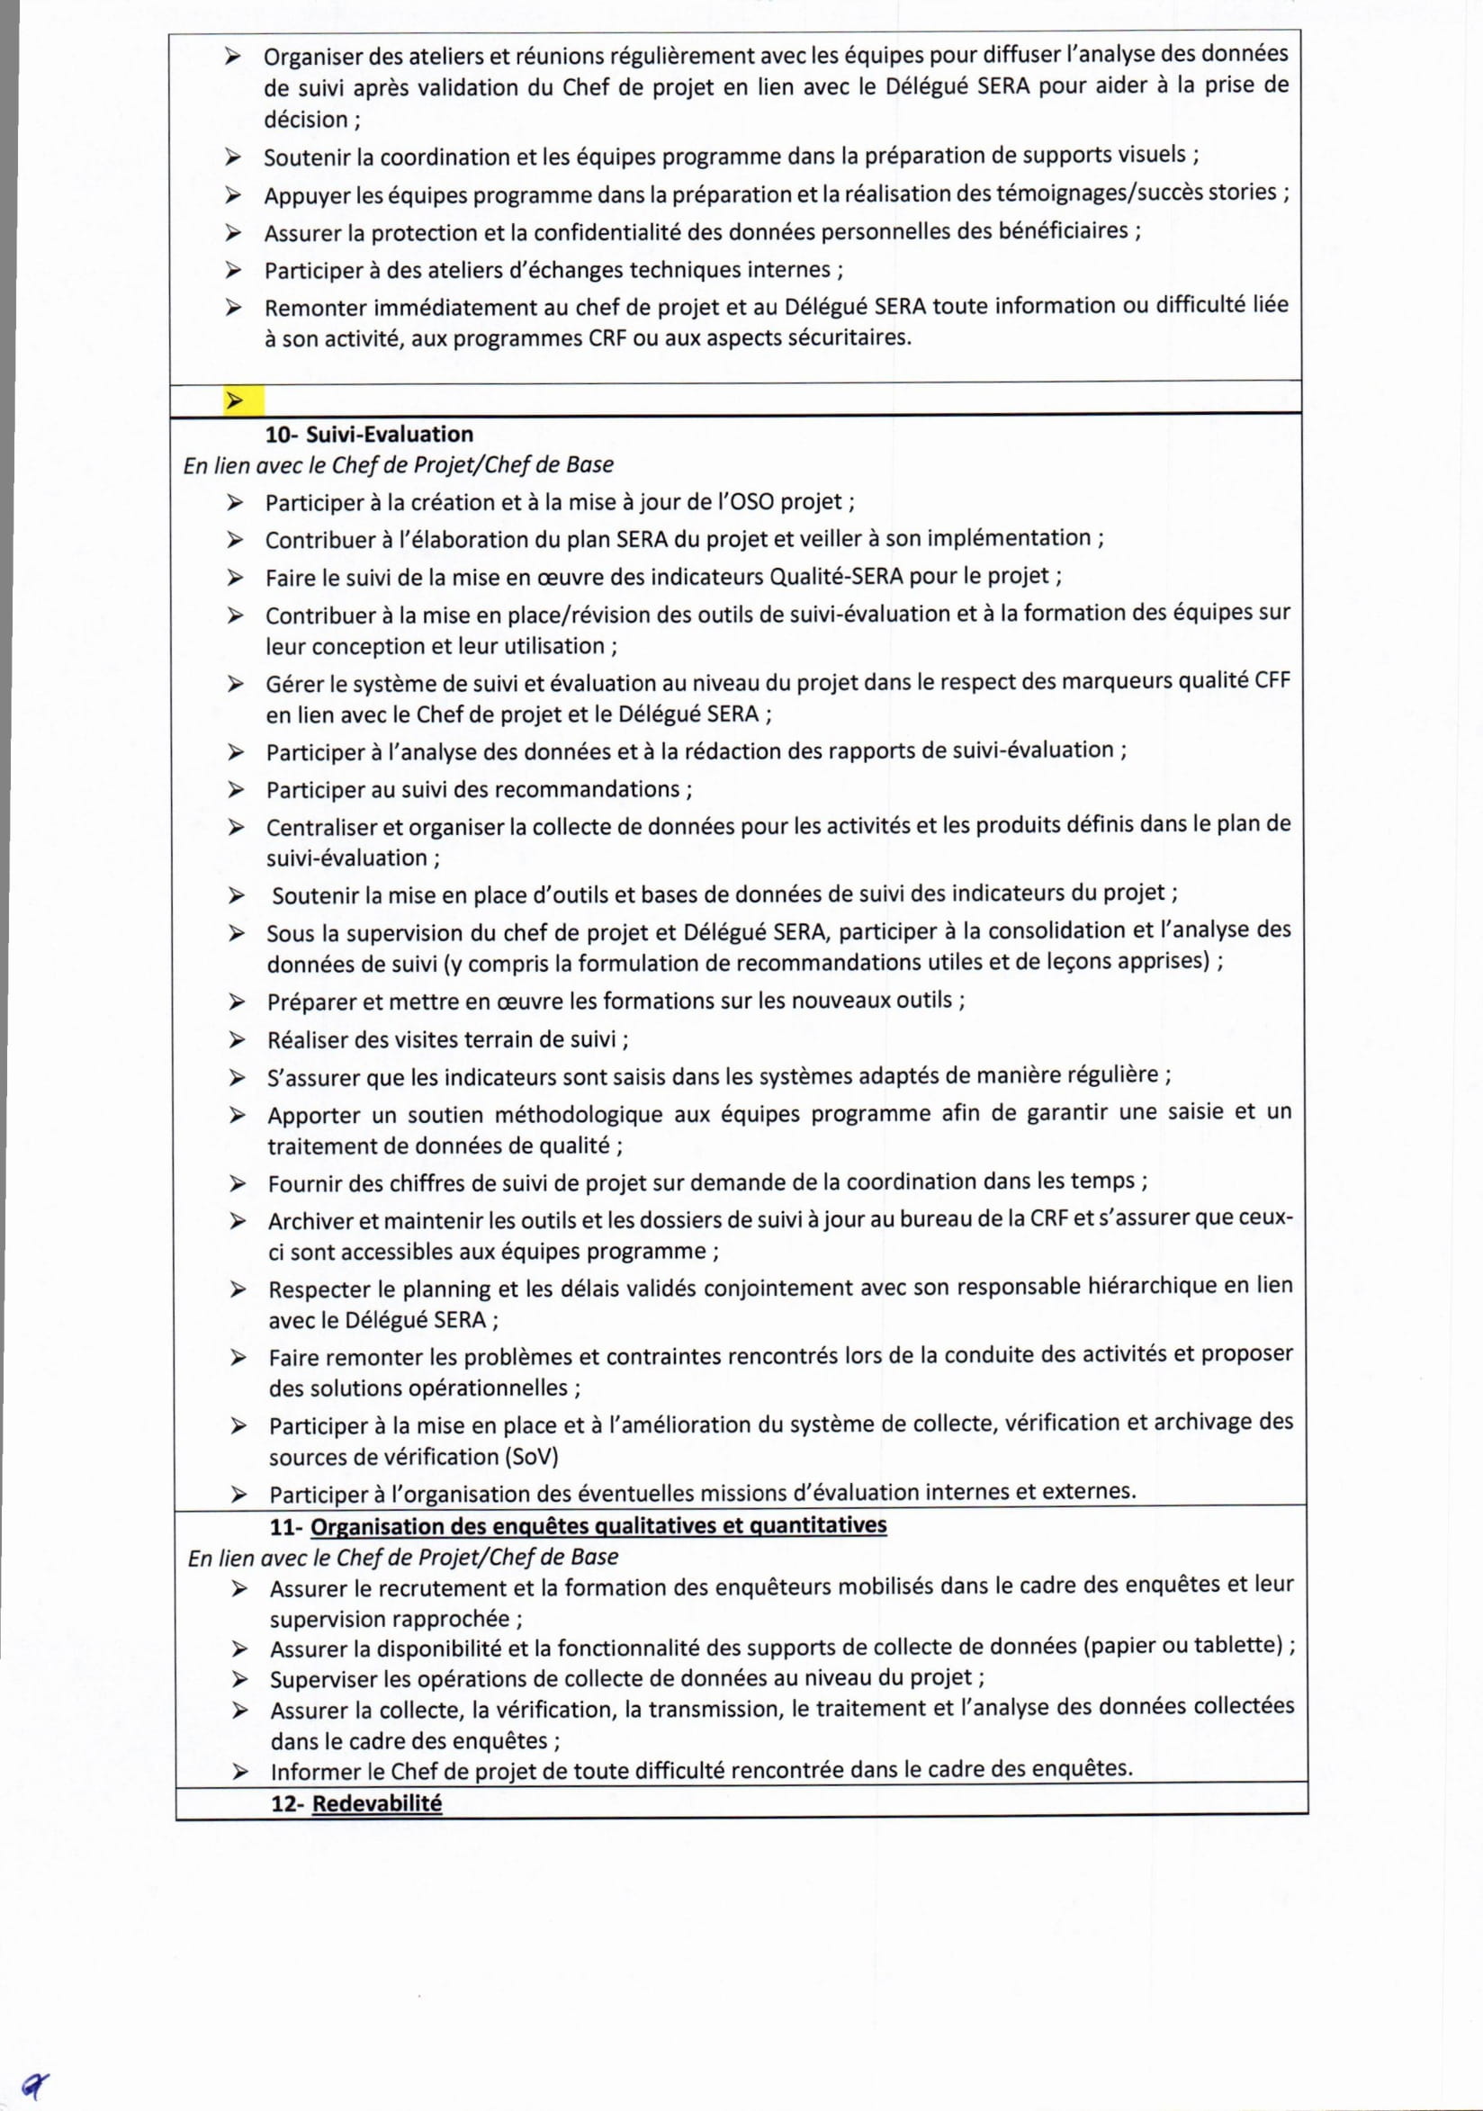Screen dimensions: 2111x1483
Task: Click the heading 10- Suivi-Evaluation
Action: [x=369, y=434]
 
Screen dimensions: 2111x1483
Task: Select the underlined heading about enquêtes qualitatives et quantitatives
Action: [x=598, y=1525]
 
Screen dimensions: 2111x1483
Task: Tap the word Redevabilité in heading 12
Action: [x=377, y=1803]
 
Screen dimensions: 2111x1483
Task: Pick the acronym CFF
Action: [x=1272, y=681]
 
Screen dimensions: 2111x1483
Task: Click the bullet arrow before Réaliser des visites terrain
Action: [x=238, y=1040]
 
